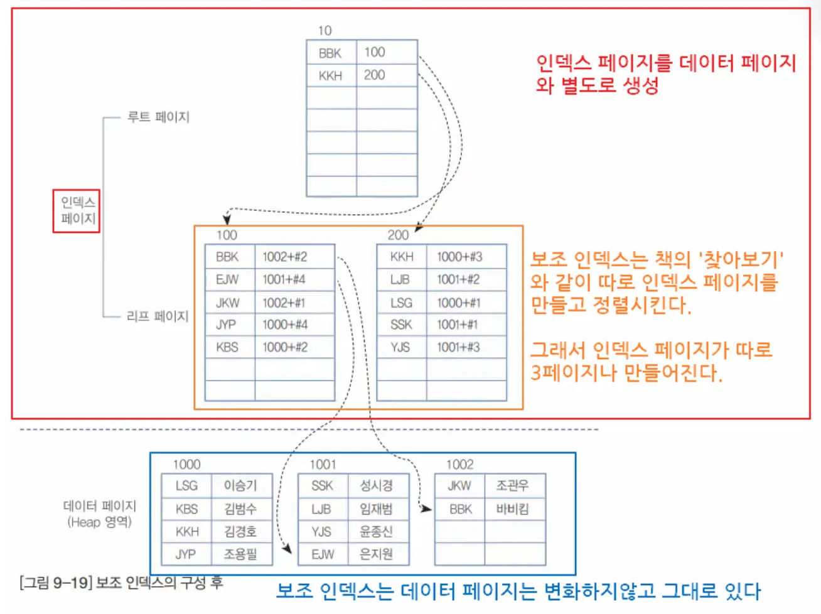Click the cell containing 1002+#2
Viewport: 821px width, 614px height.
[285, 257]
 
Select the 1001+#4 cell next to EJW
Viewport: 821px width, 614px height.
[284, 279]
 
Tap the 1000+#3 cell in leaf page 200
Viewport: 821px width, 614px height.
[459, 257]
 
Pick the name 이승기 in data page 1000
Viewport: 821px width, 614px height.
[240, 485]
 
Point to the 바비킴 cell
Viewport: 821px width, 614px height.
[512, 509]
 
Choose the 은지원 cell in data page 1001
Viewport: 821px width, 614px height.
[376, 554]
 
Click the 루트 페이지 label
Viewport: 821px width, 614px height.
[158, 117]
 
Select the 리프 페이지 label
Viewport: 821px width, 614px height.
[158, 316]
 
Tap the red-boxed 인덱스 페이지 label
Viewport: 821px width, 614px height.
[77, 211]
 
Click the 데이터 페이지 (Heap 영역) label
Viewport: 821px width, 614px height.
[100, 514]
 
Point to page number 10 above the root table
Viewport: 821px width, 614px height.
[325, 30]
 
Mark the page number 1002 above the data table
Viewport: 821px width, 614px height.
[459, 465]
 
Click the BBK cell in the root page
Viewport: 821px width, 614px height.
[330, 53]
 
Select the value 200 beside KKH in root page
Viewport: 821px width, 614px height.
[375, 75]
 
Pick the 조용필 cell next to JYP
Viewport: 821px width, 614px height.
[240, 554]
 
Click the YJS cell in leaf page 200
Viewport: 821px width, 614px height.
[400, 347]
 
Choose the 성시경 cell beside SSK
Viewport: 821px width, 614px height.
[376, 485]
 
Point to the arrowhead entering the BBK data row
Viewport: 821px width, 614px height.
[427, 509]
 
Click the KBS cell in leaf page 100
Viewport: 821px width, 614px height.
[227, 347]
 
